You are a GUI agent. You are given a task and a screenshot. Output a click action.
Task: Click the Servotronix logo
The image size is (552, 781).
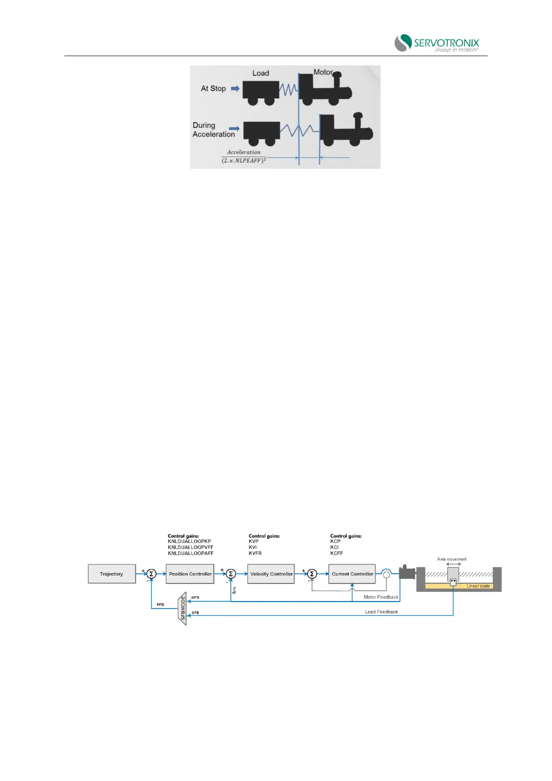point(436,43)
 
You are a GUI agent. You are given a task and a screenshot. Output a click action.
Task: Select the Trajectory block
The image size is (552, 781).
point(112,574)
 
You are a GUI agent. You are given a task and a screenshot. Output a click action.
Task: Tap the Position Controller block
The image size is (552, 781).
point(190,574)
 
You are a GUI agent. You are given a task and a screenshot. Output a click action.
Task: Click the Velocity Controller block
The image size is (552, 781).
point(271,574)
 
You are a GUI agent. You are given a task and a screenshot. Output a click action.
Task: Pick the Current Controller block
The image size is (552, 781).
point(352,574)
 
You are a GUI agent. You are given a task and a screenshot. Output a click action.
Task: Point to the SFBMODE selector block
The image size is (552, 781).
point(183,608)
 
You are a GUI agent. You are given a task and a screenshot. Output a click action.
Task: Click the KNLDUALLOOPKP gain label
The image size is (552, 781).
point(189,541)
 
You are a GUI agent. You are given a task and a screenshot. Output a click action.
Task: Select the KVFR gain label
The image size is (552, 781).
point(255,553)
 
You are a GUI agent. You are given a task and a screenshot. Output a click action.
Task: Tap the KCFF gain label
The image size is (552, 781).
point(336,553)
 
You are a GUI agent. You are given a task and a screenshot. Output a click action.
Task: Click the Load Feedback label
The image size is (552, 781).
point(381,612)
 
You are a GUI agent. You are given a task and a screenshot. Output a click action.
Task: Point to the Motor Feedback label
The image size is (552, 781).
point(381,597)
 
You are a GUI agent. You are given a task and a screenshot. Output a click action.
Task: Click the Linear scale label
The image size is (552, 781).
point(478,586)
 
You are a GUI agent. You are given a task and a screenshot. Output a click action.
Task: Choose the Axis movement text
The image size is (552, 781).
point(451,559)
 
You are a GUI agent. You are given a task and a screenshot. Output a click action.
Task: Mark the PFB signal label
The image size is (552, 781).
point(160,605)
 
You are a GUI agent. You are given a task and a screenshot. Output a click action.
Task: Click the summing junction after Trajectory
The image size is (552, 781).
point(151,574)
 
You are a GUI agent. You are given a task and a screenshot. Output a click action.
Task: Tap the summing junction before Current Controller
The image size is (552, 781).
point(312,574)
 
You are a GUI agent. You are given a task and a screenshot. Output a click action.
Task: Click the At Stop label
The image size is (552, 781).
point(213,88)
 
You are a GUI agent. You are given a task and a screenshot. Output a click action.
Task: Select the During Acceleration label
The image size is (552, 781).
point(214,130)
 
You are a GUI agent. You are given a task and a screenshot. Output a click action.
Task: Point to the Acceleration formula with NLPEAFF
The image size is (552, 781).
point(244,157)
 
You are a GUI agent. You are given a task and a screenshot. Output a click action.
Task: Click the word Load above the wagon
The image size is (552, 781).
point(260,73)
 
